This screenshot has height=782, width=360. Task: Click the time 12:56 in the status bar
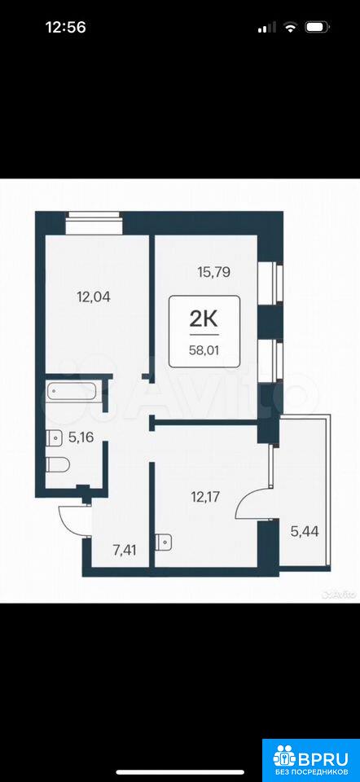click(66, 27)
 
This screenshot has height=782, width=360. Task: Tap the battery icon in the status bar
click(318, 27)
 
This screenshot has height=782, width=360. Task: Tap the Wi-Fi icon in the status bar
click(290, 28)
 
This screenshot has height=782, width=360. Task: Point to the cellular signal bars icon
click(267, 28)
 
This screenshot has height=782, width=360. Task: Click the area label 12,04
click(93, 297)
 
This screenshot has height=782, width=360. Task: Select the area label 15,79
click(213, 273)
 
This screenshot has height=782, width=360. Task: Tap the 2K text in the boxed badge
click(204, 319)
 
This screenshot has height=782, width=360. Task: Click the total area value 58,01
click(204, 350)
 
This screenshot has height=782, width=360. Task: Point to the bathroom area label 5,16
click(81, 437)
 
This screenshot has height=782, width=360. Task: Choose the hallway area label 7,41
click(124, 551)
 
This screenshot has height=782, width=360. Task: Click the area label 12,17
click(205, 496)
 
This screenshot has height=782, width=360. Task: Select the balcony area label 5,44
click(304, 530)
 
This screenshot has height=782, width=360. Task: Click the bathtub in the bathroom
click(74, 391)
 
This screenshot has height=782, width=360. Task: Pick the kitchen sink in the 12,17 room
click(163, 543)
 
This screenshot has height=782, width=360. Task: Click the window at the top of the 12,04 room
click(94, 223)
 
